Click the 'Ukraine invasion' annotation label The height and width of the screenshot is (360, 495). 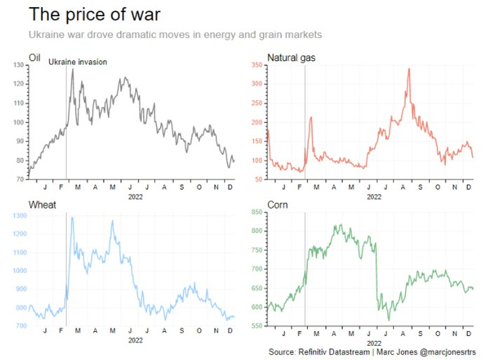78,62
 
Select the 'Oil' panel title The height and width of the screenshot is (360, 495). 35,57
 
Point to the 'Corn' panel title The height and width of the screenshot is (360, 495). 277,205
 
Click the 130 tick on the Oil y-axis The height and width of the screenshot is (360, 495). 18,65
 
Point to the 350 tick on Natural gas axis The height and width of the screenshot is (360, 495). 257,65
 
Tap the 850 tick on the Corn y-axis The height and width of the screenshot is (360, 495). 257,212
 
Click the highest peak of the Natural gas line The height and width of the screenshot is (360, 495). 409,69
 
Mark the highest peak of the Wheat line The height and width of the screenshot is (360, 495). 71,218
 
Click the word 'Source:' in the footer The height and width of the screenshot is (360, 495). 284,352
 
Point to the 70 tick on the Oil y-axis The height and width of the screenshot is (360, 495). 19,180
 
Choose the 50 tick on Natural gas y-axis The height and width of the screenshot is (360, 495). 259,180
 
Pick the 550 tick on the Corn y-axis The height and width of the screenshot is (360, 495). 257,326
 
